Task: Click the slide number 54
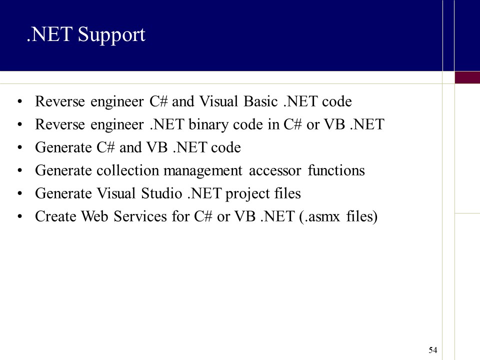(433, 350)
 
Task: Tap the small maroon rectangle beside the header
(467, 77)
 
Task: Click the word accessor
(275, 171)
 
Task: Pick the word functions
(336, 171)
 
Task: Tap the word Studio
(159, 194)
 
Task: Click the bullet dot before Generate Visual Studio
(19, 194)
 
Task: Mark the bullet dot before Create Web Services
(19, 217)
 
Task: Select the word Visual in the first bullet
(219, 102)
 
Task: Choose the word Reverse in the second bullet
(54, 125)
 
